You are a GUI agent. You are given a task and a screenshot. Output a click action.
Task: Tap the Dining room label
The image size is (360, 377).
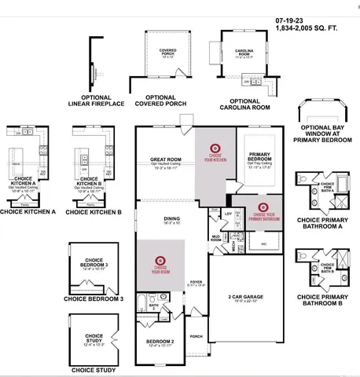tap(161, 219)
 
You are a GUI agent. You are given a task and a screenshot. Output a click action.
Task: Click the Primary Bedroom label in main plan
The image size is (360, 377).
tap(259, 156)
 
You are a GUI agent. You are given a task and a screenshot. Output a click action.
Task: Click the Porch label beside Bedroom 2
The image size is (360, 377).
tap(196, 336)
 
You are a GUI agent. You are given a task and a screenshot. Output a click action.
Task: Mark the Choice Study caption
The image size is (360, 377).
tap(94, 369)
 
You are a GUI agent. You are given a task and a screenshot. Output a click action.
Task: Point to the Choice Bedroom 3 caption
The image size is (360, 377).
tap(94, 299)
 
